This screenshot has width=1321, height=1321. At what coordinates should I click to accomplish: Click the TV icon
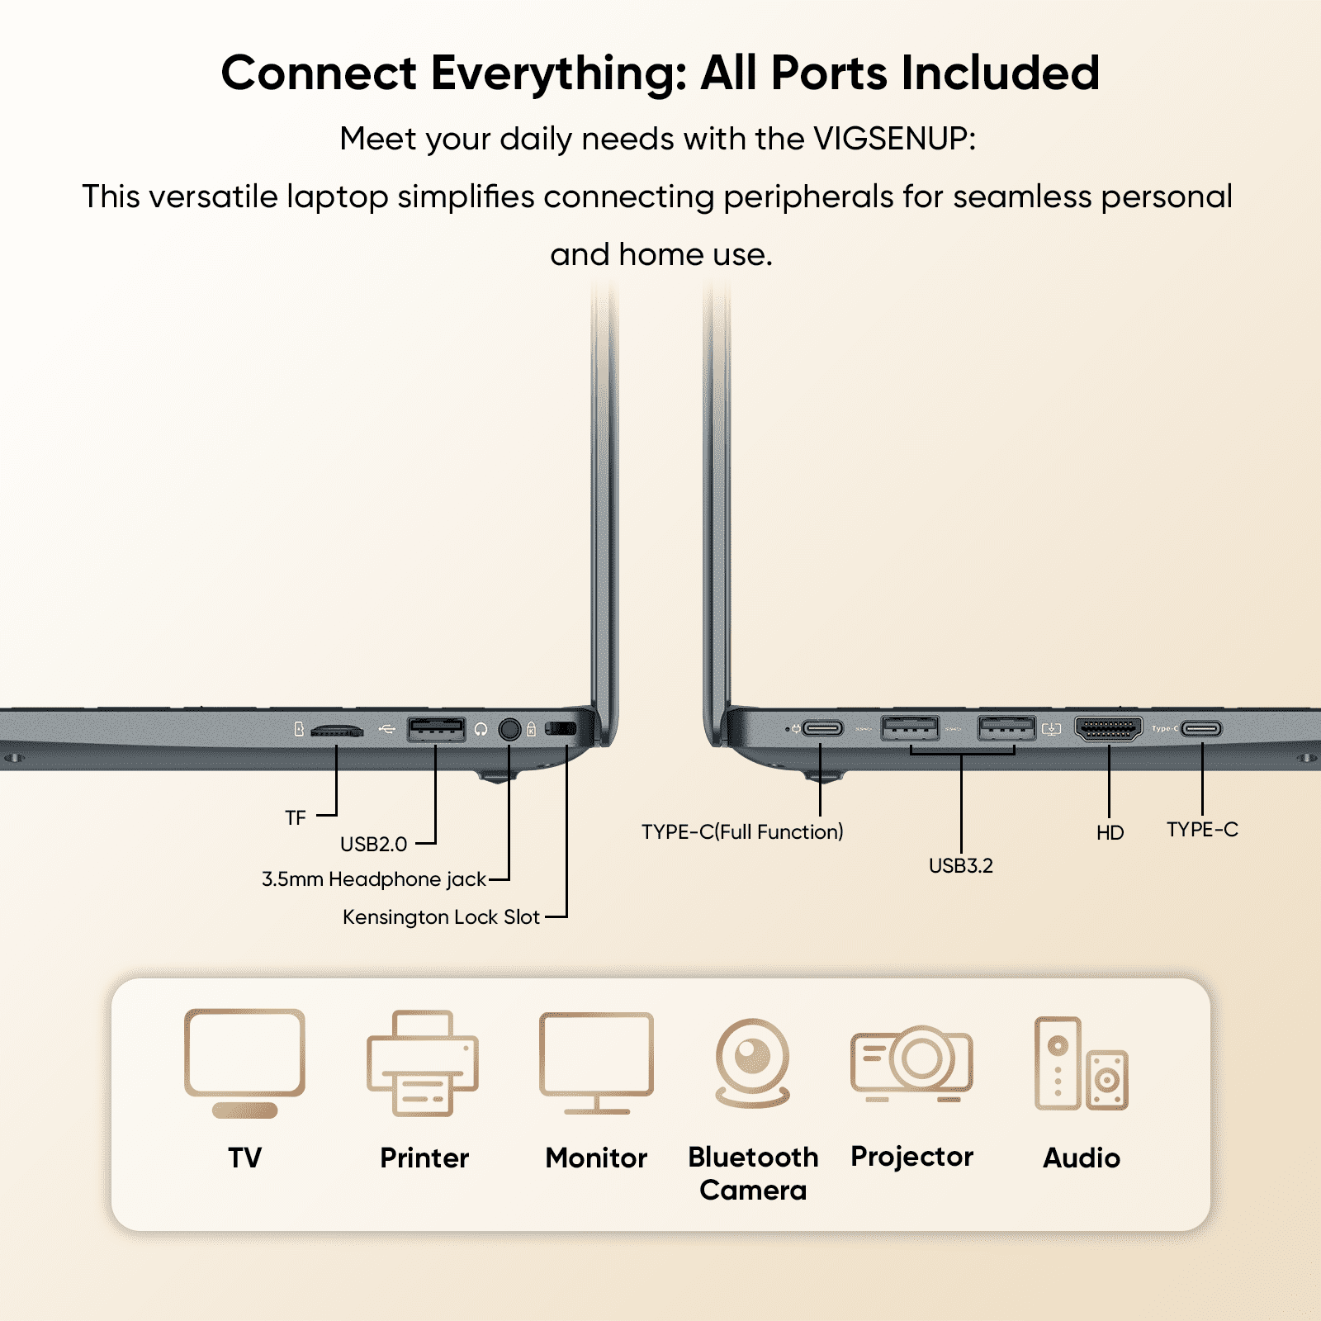tap(244, 1062)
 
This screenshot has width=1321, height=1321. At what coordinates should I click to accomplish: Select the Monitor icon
tap(596, 1062)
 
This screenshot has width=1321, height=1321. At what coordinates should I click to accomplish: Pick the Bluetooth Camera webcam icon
tap(752, 1062)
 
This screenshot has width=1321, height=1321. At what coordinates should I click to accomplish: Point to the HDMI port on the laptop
tap(1108, 729)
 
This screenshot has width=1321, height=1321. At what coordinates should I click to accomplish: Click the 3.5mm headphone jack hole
tap(509, 729)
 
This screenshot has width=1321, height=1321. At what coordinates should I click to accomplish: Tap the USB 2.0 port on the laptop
tap(436, 729)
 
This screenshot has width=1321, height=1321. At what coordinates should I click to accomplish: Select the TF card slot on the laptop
tap(337, 731)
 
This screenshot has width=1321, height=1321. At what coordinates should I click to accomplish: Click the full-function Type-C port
tap(822, 728)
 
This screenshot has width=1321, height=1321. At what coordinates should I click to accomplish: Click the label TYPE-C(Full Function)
tap(742, 831)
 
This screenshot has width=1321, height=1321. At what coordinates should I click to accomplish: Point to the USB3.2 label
tap(961, 865)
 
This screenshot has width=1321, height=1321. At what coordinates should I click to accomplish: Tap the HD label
tap(1110, 833)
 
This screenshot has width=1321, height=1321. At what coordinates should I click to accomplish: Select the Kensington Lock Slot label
tap(441, 917)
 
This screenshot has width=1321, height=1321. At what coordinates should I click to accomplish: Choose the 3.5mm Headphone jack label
tap(374, 879)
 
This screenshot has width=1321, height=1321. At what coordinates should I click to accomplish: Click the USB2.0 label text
tap(374, 845)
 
